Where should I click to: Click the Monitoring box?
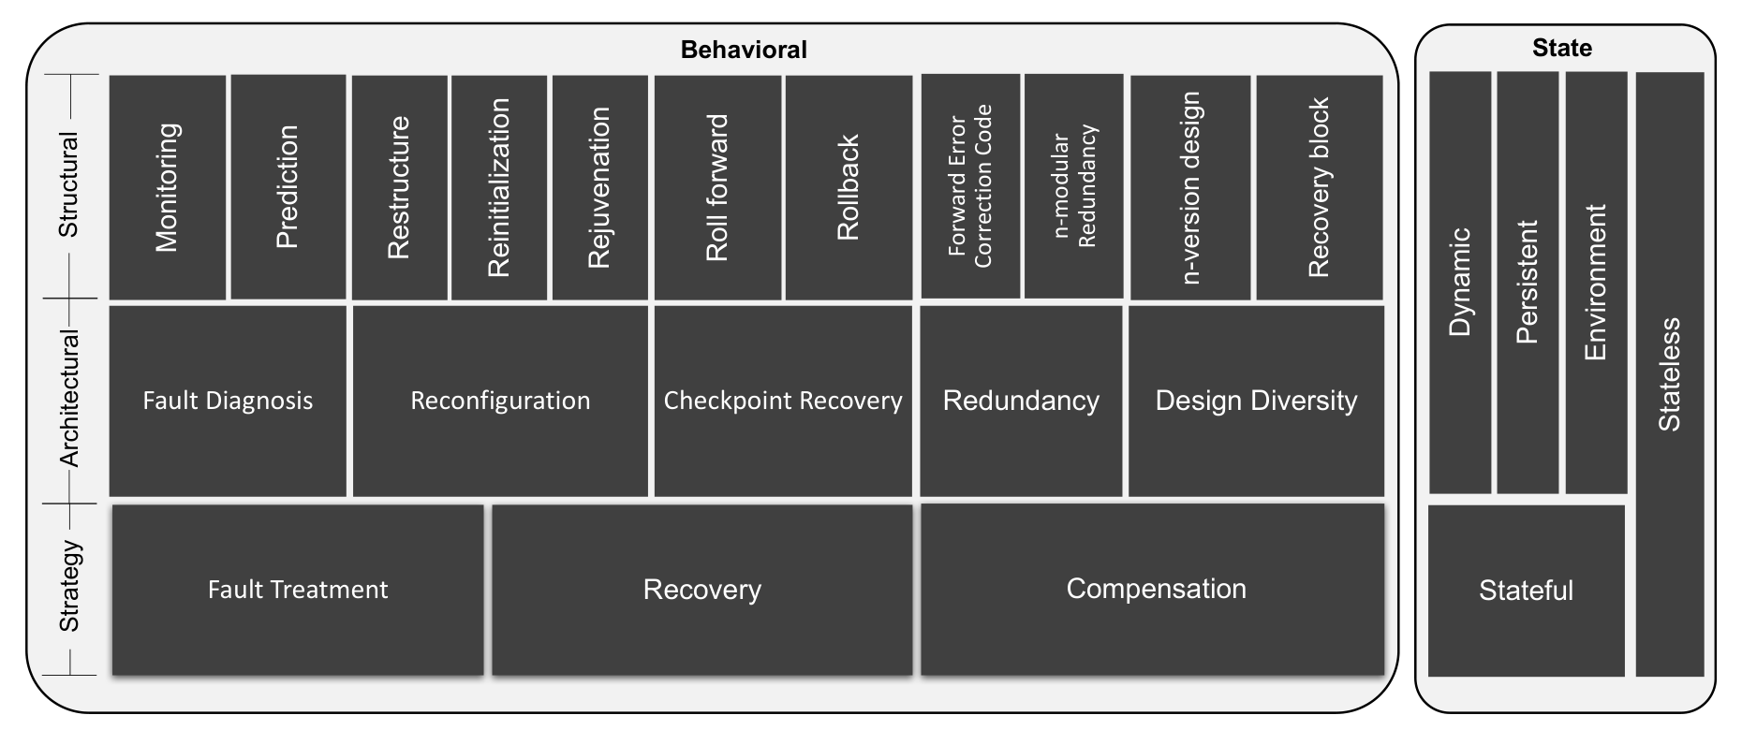pyautogui.click(x=168, y=187)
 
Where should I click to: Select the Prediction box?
pyautogui.click(x=288, y=187)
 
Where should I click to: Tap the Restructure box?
pyautogui.click(x=400, y=187)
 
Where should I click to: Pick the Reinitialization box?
pyautogui.click(x=499, y=187)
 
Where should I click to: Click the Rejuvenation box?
pyautogui.click(x=600, y=187)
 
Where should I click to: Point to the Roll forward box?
pyautogui.click(x=717, y=187)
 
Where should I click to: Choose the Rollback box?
pyautogui.click(x=849, y=187)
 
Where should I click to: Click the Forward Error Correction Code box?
pyautogui.click(x=970, y=186)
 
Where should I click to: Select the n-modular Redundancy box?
pyautogui.click(x=1074, y=186)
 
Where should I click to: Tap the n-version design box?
pyautogui.click(x=1190, y=187)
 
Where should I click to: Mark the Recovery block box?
pyautogui.click(x=1320, y=187)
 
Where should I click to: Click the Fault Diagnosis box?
pyautogui.click(x=228, y=401)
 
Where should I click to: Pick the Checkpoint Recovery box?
pyautogui.click(x=783, y=401)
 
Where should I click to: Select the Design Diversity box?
pyautogui.click(x=1256, y=401)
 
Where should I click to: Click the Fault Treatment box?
pyautogui.click(x=298, y=590)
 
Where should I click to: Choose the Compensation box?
pyautogui.click(x=1153, y=590)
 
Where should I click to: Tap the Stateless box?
pyautogui.click(x=1670, y=374)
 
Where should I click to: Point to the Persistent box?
pyautogui.click(x=1528, y=283)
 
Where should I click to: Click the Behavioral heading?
pyautogui.click(x=744, y=50)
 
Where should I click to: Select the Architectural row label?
pyautogui.click(x=70, y=398)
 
